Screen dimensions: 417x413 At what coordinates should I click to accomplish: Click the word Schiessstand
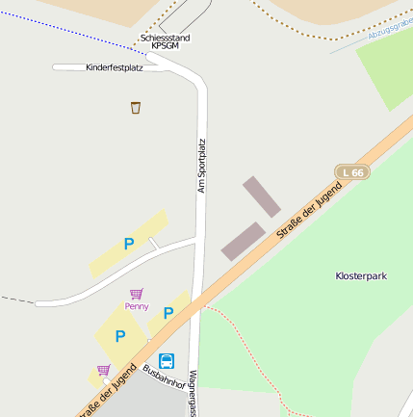pos(165,38)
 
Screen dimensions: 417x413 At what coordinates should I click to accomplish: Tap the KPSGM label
pos(165,46)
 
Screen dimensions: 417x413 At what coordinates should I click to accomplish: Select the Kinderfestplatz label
pos(114,67)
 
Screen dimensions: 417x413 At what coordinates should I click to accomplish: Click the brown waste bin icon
pos(135,107)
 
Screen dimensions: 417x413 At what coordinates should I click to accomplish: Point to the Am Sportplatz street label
pos(202,167)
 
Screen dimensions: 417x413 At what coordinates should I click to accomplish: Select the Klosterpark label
pos(361,276)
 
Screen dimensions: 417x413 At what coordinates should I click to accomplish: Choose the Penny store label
pos(137,306)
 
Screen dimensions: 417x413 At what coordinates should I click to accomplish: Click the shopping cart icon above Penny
pos(137,294)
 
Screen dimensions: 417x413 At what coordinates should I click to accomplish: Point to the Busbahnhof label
pos(161,378)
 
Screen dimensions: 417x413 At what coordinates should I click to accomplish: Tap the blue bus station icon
pos(167,361)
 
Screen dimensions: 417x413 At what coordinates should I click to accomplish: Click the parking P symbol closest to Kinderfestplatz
pos(129,245)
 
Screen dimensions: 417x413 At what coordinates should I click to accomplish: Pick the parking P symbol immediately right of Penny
pos(168,312)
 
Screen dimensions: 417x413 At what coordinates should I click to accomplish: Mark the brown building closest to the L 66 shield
pos(261,195)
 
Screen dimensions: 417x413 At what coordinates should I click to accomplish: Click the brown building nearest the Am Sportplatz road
pos(243,241)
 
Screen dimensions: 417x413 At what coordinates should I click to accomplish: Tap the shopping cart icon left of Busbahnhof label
pos(103,370)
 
